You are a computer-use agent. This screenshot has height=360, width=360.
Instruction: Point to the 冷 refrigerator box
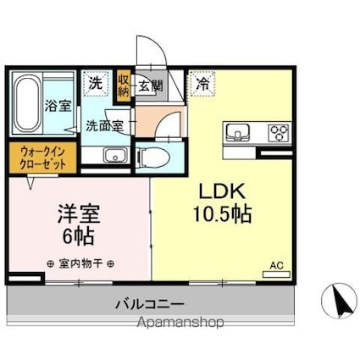tap(203, 83)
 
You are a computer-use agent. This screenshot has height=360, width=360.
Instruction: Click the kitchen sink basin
tap(236, 132)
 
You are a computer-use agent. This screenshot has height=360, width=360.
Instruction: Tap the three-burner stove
tap(278, 132)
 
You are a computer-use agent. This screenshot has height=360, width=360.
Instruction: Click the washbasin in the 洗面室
tap(113, 155)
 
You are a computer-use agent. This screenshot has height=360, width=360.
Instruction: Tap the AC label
tap(276, 264)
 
